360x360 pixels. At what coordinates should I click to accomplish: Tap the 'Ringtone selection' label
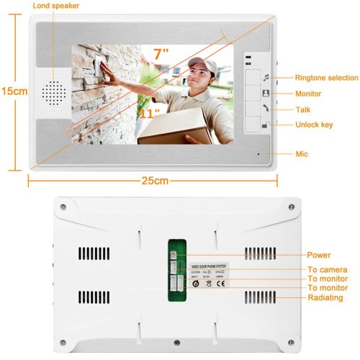326,78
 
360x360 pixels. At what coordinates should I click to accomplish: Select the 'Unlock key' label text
315,125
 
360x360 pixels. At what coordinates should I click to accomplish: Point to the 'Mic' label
302,153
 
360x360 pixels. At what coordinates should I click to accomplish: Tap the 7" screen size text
161,53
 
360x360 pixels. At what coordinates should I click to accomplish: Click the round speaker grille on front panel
52,90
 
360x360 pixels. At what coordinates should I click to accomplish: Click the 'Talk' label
303,109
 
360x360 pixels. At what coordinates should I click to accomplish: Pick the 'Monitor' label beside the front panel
308,94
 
